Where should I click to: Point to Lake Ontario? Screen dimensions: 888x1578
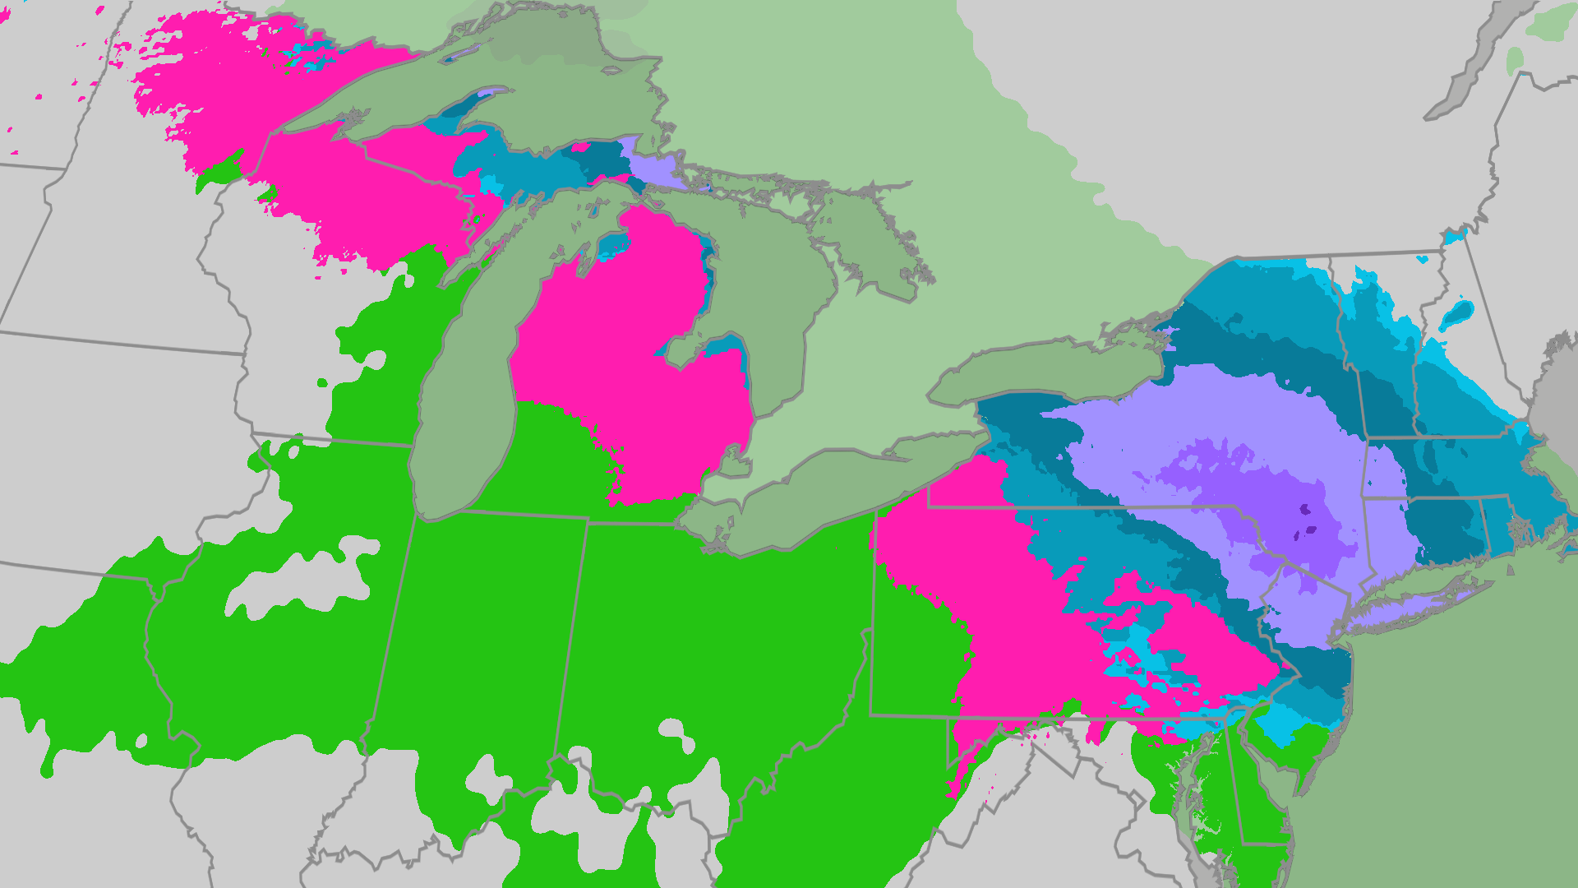1044,370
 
